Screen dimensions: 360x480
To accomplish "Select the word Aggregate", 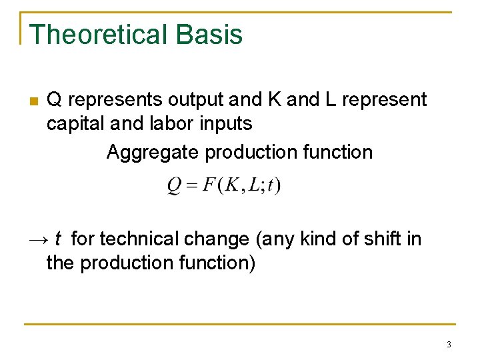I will (x=153, y=153).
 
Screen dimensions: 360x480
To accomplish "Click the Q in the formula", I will (x=174, y=185).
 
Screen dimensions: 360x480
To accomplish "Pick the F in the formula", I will (x=209, y=185).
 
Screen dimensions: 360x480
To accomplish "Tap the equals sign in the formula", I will (x=191, y=185).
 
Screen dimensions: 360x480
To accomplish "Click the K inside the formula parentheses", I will (x=232, y=185).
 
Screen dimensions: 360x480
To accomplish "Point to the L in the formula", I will (x=254, y=185).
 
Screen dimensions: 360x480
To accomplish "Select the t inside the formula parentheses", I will (x=270, y=185).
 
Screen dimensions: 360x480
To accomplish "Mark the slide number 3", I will (x=449, y=345).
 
